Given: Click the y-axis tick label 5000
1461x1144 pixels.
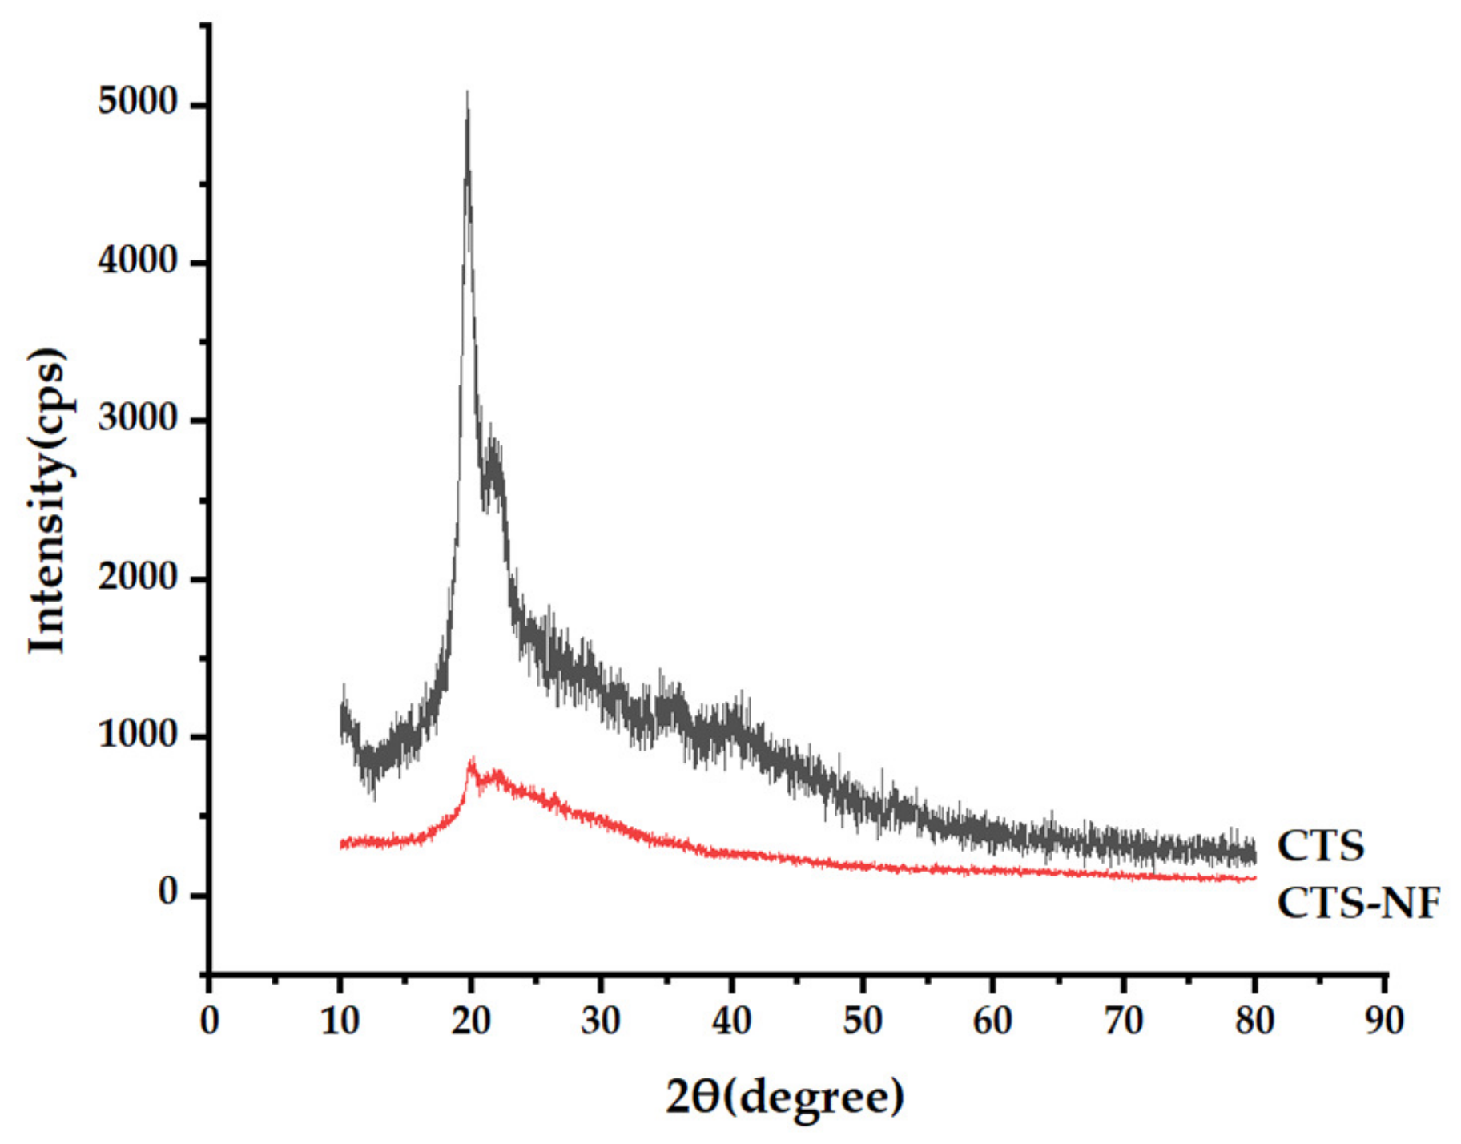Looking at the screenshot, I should (x=137, y=103).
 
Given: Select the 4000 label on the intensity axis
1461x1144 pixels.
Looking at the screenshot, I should (x=137, y=261).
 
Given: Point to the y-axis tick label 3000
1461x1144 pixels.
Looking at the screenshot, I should (x=137, y=419).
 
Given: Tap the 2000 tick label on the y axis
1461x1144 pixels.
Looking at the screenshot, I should (x=137, y=578).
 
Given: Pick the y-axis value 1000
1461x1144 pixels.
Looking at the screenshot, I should (x=137, y=735).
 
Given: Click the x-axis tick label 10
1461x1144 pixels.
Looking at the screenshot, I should (x=340, y=1021).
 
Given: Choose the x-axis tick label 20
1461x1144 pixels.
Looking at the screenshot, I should (x=470, y=1021).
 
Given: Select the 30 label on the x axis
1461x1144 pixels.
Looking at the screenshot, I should (x=601, y=1021).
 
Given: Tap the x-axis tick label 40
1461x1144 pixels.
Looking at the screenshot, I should (x=731, y=1021).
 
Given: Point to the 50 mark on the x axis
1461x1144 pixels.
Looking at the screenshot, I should (x=862, y=1021).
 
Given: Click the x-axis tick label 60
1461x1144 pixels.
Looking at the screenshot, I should (x=992, y=1021).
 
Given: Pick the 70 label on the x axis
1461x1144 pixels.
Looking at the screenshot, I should (x=1123, y=1021).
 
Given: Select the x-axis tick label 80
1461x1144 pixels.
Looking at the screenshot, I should (x=1254, y=1021).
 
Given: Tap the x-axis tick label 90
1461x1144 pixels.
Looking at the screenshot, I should (x=1385, y=1021).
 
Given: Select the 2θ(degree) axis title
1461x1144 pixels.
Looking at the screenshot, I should (x=785, y=1098).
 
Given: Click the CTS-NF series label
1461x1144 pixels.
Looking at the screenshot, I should (x=1358, y=904).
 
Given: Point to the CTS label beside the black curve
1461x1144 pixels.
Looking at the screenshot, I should (x=1320, y=847).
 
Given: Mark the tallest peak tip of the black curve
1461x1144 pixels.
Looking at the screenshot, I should (x=467, y=93).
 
